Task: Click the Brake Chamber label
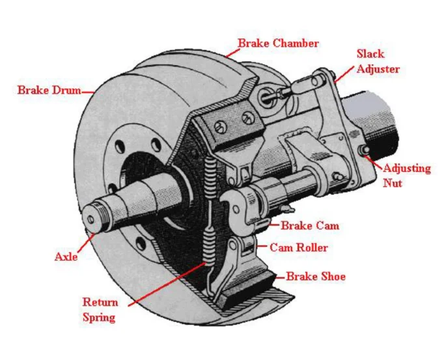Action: click(x=278, y=44)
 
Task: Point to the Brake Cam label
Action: click(x=310, y=226)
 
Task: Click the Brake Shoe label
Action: click(x=316, y=277)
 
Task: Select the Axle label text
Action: click(x=66, y=257)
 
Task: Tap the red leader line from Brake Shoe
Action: click(x=281, y=277)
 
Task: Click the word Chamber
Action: click(x=296, y=44)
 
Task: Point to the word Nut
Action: click(x=393, y=183)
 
